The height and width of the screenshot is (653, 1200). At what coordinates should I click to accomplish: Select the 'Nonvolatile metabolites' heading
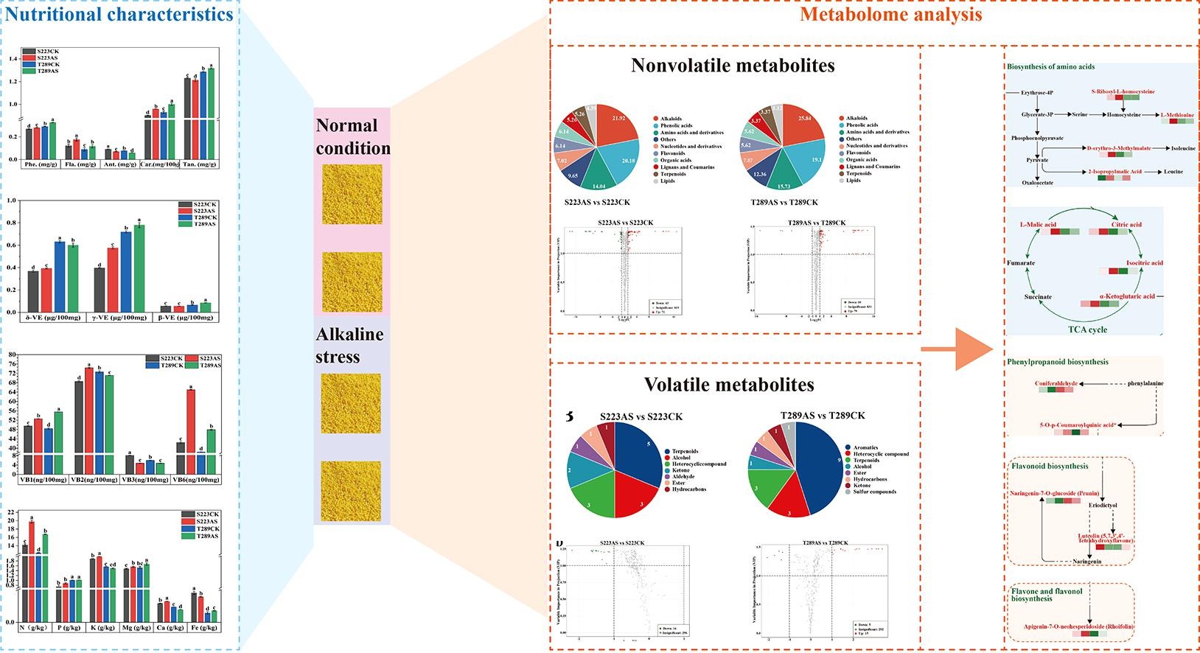coord(733,66)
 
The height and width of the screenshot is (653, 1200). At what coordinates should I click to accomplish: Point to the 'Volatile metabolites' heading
coord(729,384)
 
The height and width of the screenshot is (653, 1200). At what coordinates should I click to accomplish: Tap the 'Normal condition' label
coord(352,136)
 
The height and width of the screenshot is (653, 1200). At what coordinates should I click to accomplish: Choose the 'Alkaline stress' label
coord(349,346)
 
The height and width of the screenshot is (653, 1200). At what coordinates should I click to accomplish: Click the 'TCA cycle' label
coord(1087,329)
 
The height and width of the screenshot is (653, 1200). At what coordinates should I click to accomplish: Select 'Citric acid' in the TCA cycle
coord(1126,224)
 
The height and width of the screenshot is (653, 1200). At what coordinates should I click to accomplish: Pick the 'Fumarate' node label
coord(1021,263)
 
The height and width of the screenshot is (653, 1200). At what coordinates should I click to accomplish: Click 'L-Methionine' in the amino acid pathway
coord(1177,115)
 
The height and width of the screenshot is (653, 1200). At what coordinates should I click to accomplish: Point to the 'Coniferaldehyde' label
coord(1056,384)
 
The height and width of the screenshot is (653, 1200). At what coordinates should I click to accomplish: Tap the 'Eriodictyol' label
coord(1103,505)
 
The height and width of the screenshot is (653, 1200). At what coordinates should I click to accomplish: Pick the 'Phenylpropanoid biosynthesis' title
coord(1057,362)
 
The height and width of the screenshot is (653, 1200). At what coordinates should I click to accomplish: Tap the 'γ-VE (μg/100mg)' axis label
coord(119,318)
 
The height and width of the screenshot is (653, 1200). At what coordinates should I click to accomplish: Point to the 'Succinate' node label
coord(1037,297)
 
